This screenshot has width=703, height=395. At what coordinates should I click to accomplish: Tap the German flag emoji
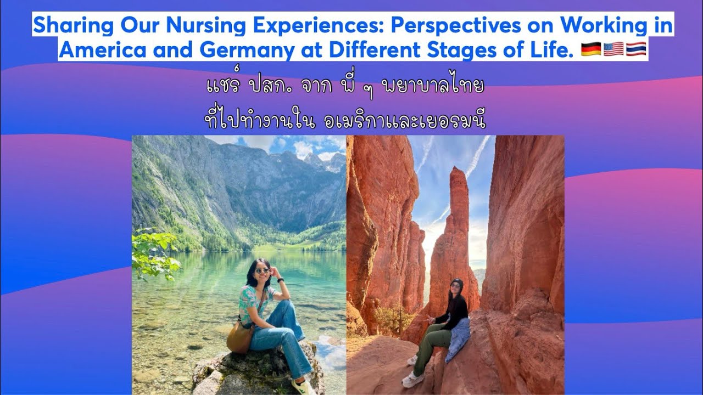(x=590, y=49)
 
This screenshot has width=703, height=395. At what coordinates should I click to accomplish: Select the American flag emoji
(x=613, y=49)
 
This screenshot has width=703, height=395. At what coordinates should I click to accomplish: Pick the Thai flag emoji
(x=636, y=49)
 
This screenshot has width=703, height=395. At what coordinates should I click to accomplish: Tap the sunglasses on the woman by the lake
(x=263, y=270)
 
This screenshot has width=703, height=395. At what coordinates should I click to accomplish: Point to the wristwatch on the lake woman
(x=280, y=280)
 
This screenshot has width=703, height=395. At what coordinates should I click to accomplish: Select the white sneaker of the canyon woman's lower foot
(x=413, y=379)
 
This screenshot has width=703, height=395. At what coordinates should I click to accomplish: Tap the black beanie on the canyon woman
(x=456, y=283)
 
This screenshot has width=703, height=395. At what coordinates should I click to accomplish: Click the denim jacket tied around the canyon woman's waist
(x=457, y=337)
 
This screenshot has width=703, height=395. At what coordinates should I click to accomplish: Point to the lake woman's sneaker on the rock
(x=301, y=386)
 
